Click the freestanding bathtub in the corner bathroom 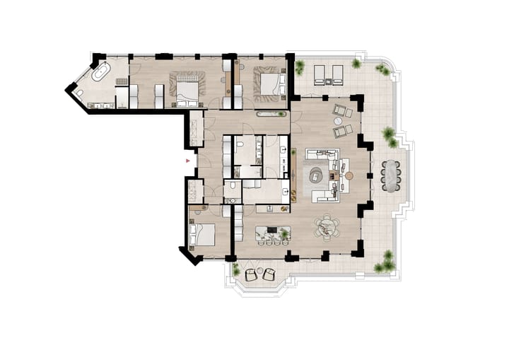(101, 71)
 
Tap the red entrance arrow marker (187, 161)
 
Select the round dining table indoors (327, 227)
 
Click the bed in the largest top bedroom (187, 88)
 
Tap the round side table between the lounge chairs (338, 120)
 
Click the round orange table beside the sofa (350, 174)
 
